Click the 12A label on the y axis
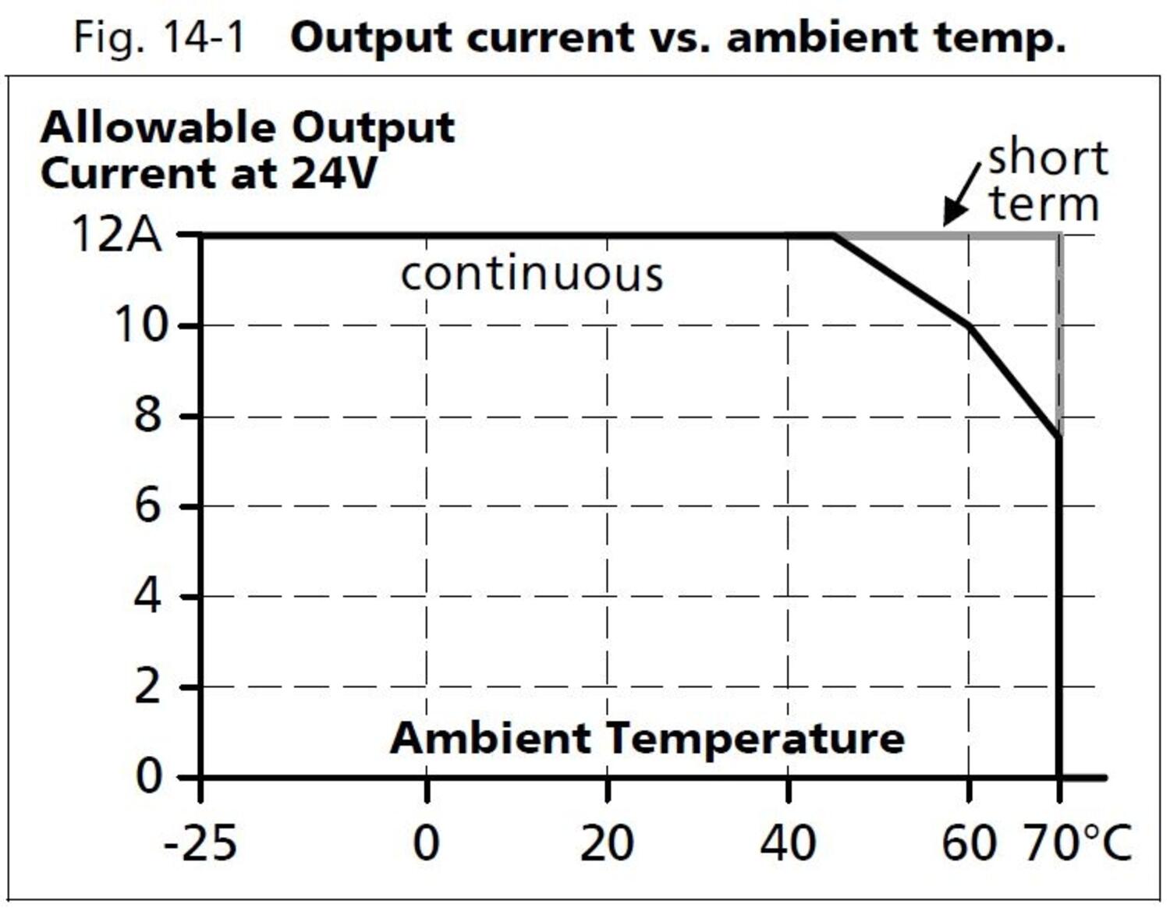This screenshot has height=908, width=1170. point(117,233)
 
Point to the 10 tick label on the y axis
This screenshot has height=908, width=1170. point(141,325)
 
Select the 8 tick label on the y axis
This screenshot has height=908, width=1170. point(147,415)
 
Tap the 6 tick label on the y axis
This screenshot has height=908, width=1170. point(147,506)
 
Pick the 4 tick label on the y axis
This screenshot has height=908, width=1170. point(147,597)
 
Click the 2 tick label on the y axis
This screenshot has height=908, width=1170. point(147,687)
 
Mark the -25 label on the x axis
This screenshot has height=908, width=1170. point(200,843)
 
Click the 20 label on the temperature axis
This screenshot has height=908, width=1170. point(607,843)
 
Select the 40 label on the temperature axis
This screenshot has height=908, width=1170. point(788,843)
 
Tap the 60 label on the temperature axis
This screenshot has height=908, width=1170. point(969,843)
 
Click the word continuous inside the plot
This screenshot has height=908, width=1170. point(532,275)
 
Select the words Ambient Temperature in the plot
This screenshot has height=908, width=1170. point(647,738)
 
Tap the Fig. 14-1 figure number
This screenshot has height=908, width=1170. point(159,37)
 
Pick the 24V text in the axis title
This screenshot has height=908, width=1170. point(334,173)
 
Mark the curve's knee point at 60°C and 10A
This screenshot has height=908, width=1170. point(970,326)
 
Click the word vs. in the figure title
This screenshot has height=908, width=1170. point(679,37)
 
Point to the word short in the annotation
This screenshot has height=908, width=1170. point(1048,158)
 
